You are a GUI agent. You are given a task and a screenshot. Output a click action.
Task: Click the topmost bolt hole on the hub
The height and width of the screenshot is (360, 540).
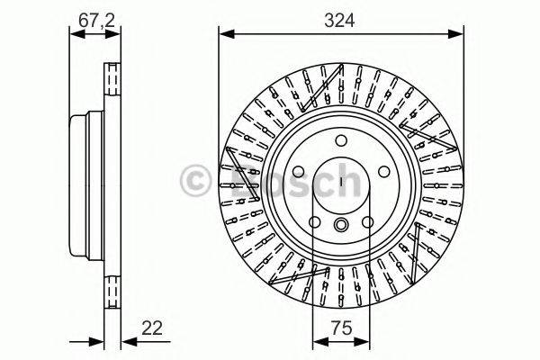click(x=342, y=140)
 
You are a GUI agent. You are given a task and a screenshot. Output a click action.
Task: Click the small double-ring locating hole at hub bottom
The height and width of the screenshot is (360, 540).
click(x=342, y=226)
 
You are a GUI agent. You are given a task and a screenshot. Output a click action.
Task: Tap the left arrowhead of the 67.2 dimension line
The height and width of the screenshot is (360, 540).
click(x=76, y=36)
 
